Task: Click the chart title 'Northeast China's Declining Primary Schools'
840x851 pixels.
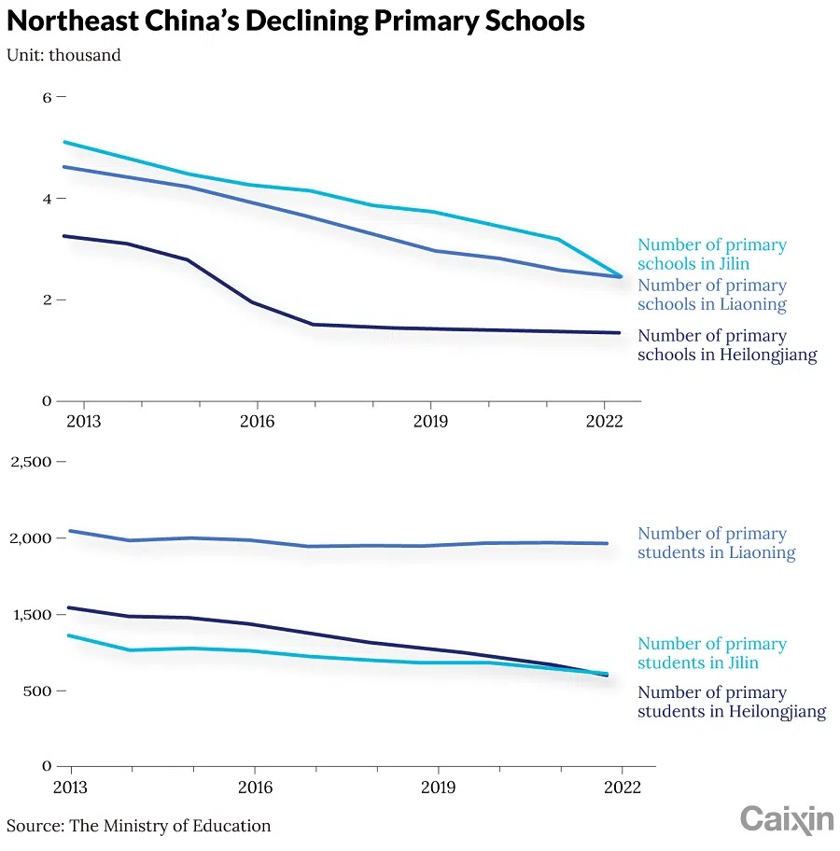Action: pyautogui.click(x=296, y=21)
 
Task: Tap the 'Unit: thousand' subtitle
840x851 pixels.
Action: pyautogui.click(x=63, y=55)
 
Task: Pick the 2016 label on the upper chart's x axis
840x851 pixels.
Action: pyautogui.click(x=257, y=422)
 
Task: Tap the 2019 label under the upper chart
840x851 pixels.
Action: pyautogui.click(x=429, y=422)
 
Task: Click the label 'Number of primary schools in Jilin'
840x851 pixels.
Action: pyautogui.click(x=711, y=254)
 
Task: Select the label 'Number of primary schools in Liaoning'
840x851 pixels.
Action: pyautogui.click(x=711, y=295)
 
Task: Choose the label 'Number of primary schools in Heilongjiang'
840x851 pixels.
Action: pyautogui.click(x=727, y=345)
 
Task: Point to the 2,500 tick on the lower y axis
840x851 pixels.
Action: pyautogui.click(x=33, y=462)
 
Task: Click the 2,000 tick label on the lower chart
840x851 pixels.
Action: pyautogui.click(x=33, y=538)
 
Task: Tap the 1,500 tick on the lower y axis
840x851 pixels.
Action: pyautogui.click(x=33, y=615)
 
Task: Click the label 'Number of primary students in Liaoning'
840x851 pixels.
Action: pyautogui.click(x=716, y=543)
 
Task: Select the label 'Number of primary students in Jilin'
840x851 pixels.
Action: pyautogui.click(x=711, y=653)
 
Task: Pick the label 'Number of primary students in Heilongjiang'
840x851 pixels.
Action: pyautogui.click(x=731, y=702)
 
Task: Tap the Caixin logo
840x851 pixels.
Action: pyautogui.click(x=787, y=819)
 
